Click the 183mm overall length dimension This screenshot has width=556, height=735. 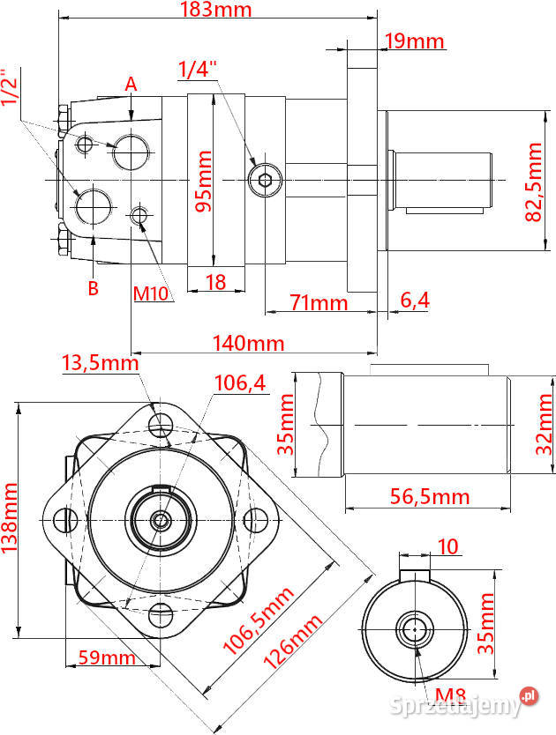pos(216,10)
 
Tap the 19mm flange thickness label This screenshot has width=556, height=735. pos(414,41)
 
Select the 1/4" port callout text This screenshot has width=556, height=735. pos(198,70)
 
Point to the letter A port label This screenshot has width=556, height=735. pos(131,85)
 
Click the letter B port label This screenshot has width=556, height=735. pos(93,288)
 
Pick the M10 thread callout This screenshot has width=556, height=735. pos(151,293)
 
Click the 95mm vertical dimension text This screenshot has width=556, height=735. pos(203,181)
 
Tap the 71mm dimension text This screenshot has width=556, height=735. pos(319,302)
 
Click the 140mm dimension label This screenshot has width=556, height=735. pos(248,343)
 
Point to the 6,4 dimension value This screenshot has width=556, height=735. pos(415,300)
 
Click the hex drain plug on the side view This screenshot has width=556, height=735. pos(266,180)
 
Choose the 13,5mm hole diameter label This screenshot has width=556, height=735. pos(100,363)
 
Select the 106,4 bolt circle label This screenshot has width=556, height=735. pos(240,383)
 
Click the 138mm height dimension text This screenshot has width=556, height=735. pos(9,518)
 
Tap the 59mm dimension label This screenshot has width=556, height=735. pos(107,657)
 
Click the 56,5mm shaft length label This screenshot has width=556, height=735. pos(430,496)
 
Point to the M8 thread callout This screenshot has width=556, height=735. pos(450,695)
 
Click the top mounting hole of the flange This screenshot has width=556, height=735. pos(161,425)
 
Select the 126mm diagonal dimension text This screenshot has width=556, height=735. pos(293,642)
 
